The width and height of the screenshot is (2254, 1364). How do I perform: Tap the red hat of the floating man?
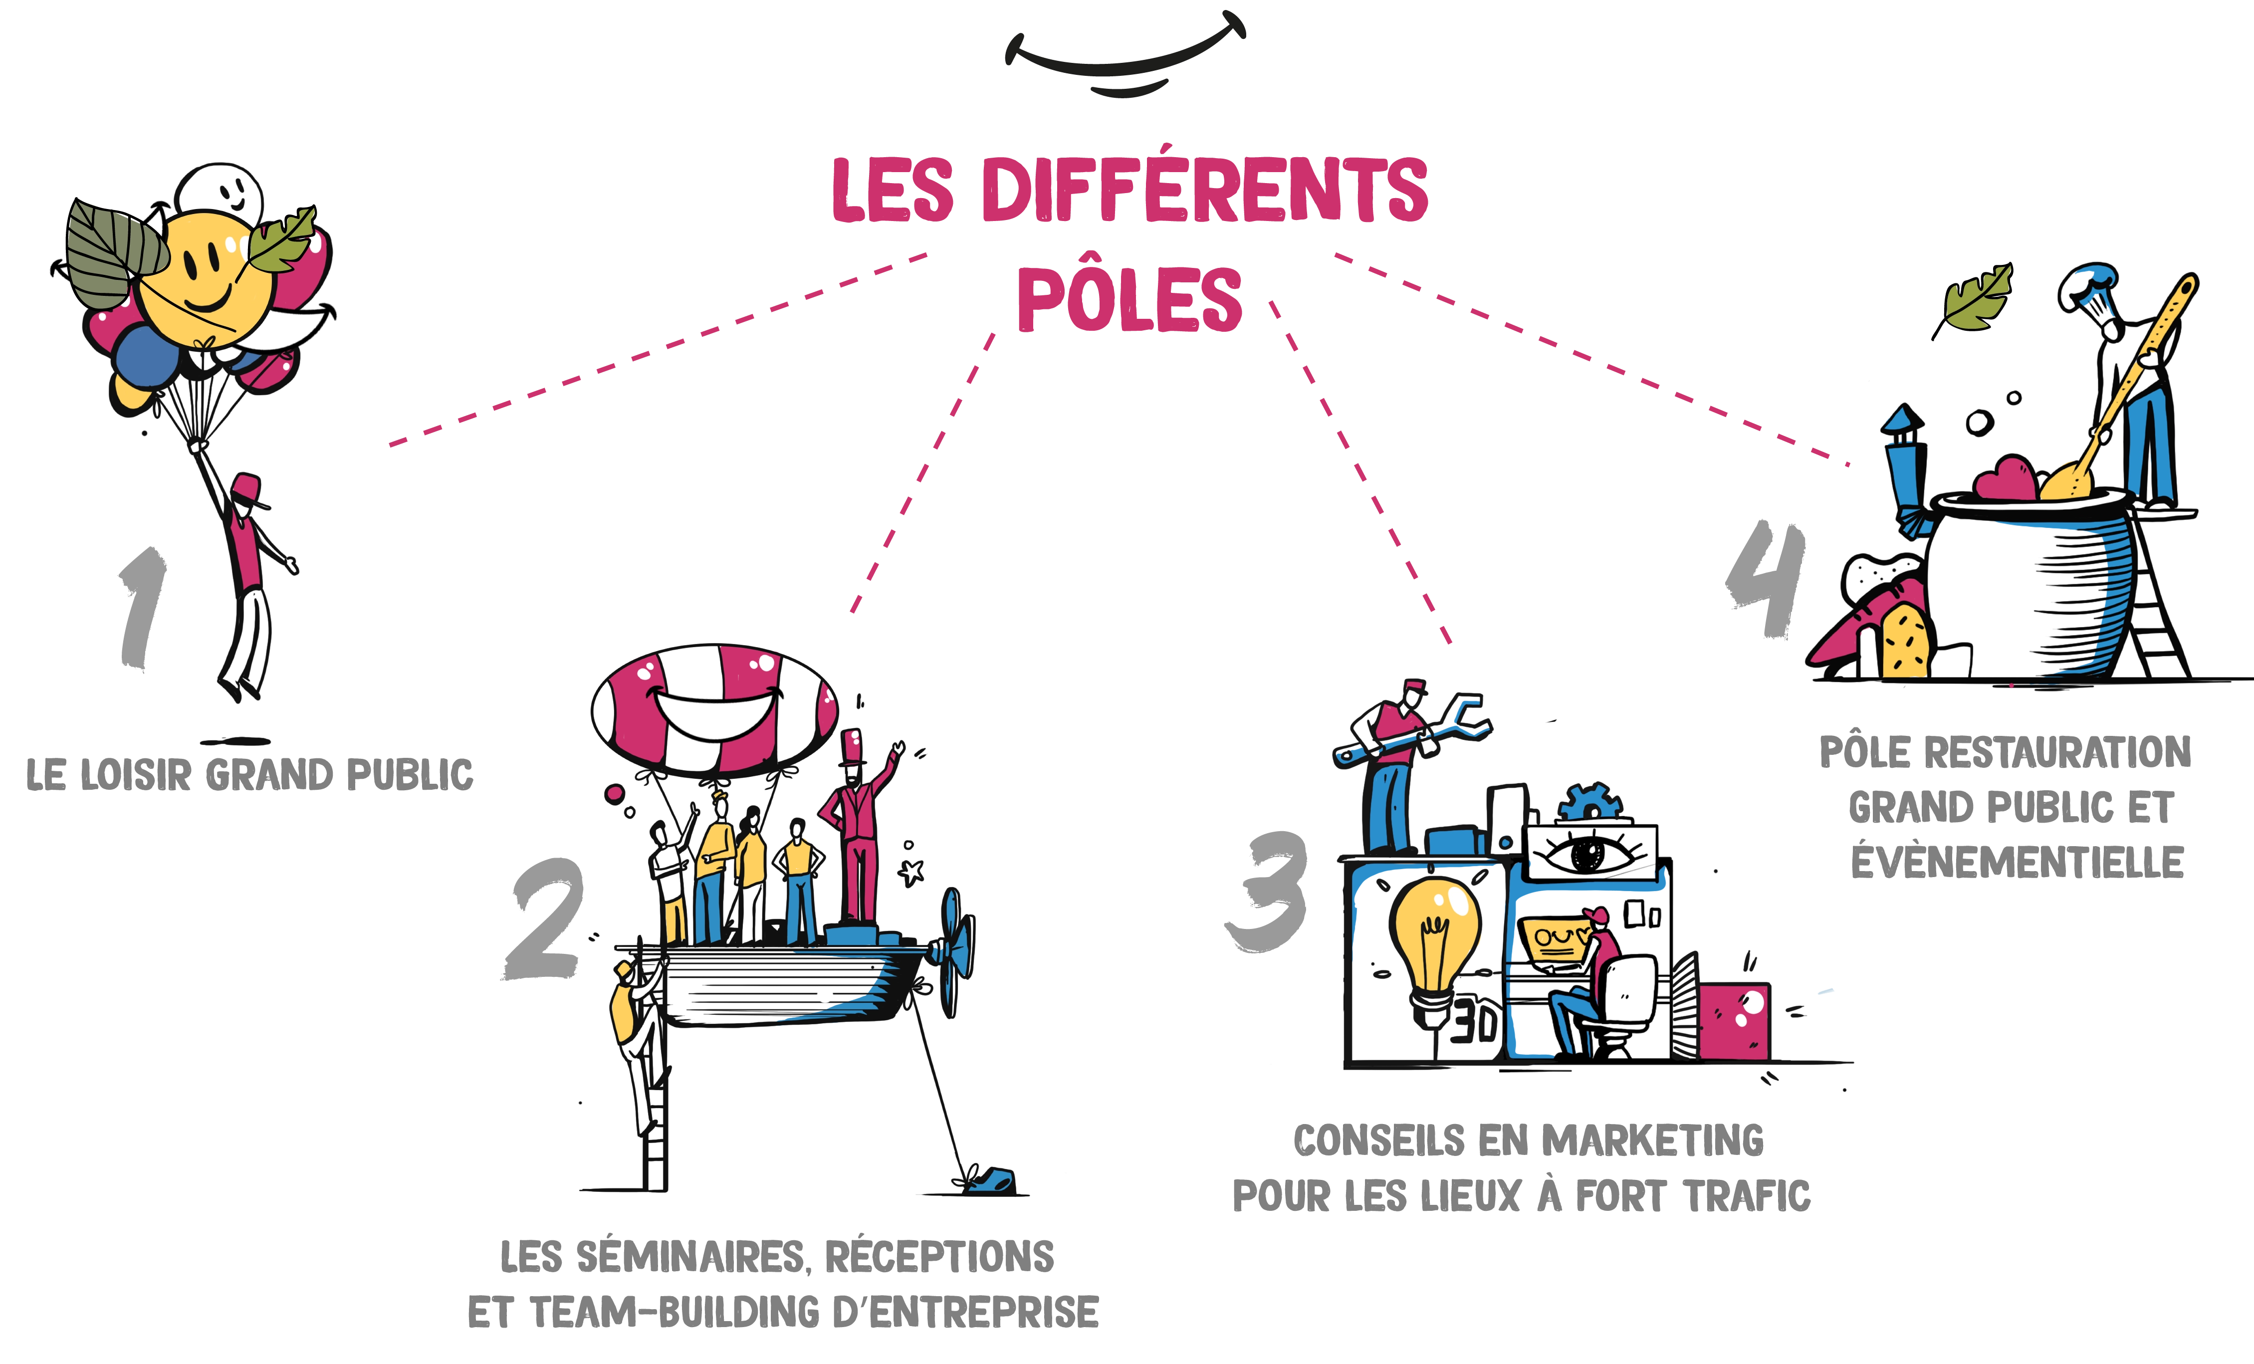coord(250,489)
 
